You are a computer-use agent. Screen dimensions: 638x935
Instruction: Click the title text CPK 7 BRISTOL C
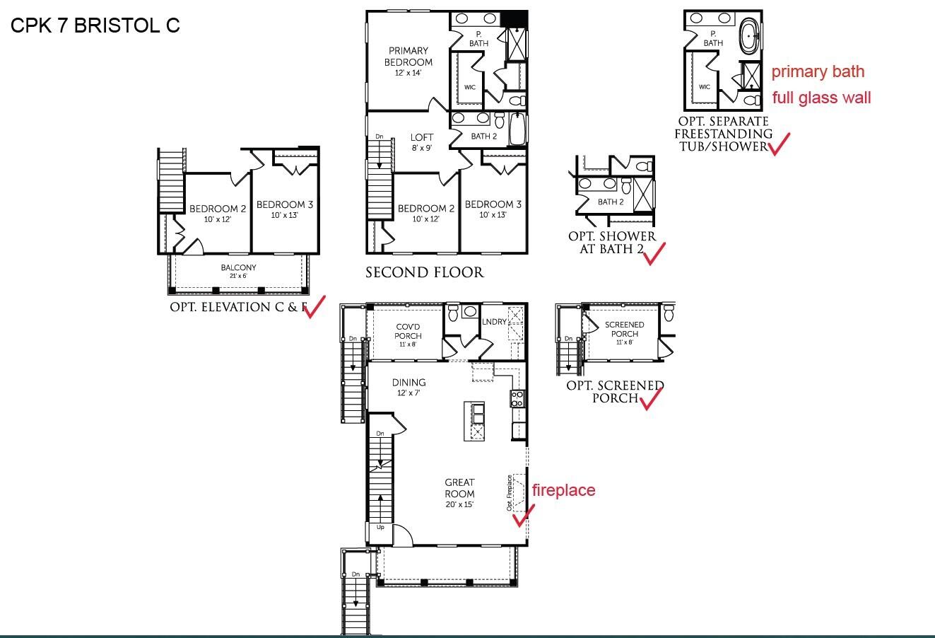pos(95,25)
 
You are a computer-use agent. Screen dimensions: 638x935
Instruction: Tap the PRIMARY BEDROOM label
pos(408,57)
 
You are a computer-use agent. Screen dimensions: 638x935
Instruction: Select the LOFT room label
pos(422,137)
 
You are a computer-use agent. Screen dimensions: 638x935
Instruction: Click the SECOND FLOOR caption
pos(424,272)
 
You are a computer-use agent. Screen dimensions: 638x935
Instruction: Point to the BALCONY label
pos(238,268)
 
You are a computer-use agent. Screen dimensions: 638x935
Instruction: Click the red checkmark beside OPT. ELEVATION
pos(314,306)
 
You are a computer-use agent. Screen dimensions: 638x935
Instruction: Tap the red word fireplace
pos(563,490)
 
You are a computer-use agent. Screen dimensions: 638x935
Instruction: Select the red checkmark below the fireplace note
pos(522,516)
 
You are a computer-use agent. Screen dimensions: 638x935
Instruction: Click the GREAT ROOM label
pos(459,488)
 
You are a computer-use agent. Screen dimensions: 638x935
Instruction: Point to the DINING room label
pos(408,383)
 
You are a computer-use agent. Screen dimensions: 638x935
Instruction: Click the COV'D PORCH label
pos(408,331)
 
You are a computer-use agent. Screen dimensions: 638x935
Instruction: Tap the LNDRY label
pos(494,322)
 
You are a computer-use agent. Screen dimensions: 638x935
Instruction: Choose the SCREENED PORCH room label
pos(624,329)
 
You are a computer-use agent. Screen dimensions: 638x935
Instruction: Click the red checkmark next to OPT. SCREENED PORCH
pos(650,398)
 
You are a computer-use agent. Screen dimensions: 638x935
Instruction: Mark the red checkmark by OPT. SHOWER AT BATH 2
pos(654,253)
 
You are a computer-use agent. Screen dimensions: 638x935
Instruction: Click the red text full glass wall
pos(821,98)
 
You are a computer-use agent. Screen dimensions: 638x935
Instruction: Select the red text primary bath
pos(818,71)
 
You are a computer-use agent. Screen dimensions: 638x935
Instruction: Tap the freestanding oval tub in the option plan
pos(749,35)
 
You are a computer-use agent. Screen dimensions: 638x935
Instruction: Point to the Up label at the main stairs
pos(380,528)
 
